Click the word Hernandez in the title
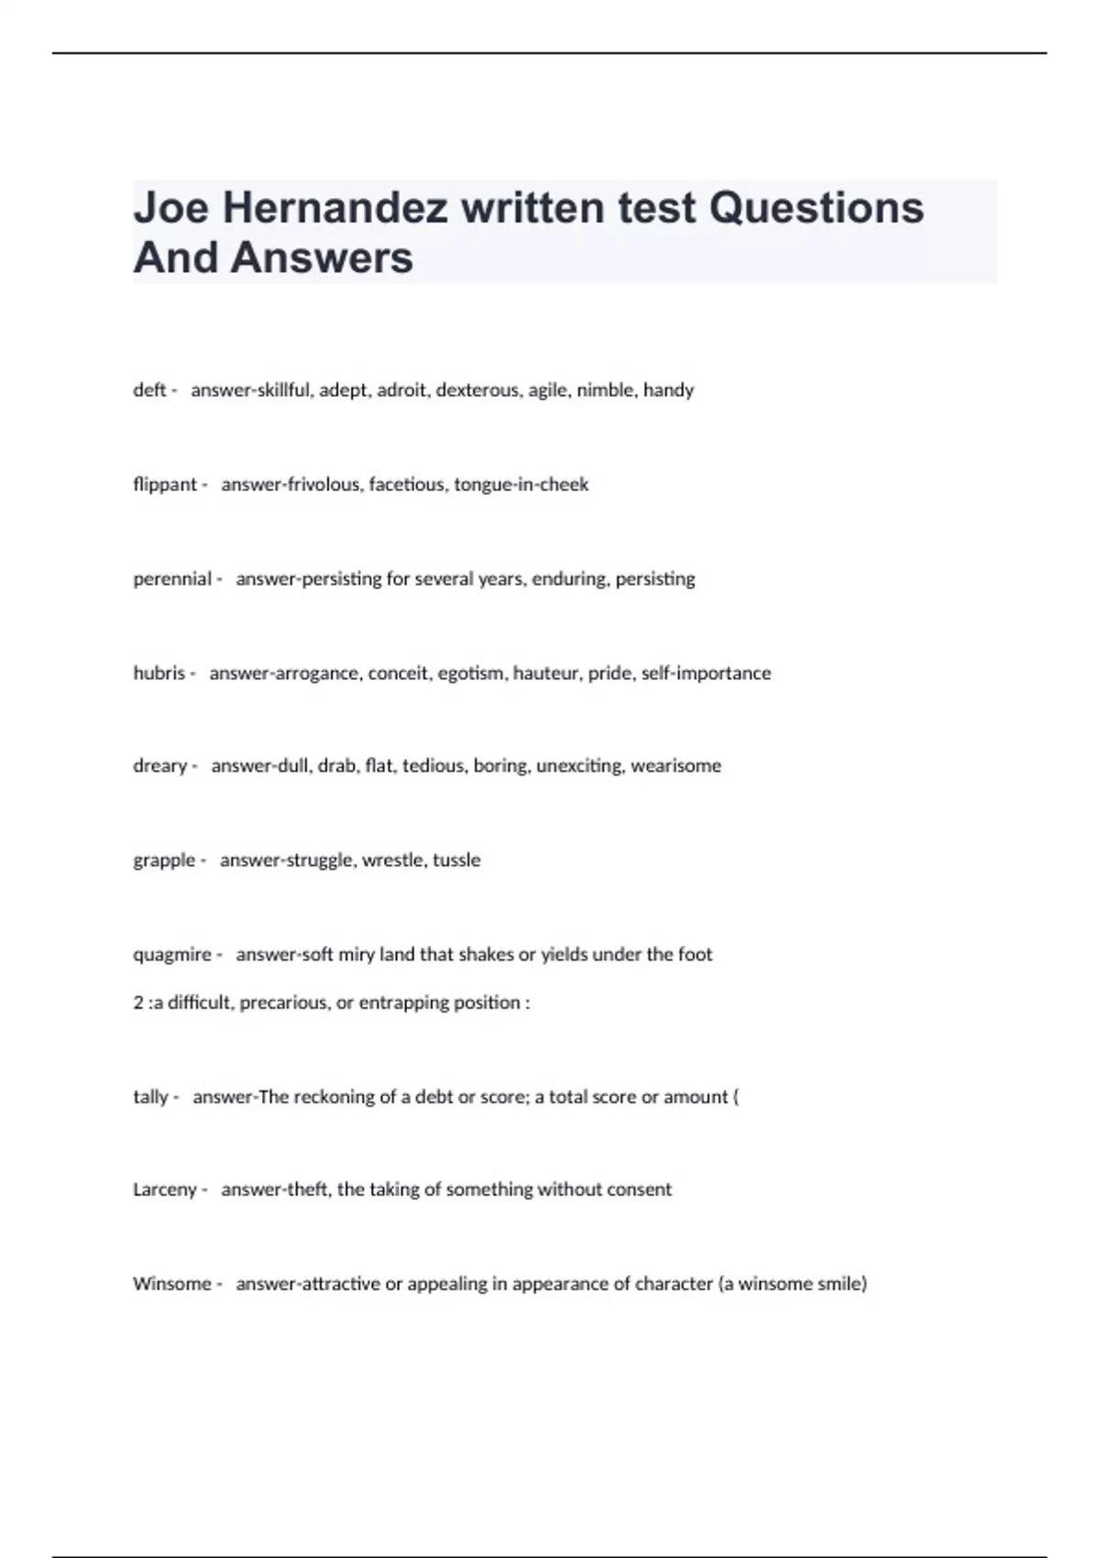point(335,208)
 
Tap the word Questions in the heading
point(816,208)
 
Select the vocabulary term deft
point(149,390)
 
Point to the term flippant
point(165,485)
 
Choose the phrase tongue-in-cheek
point(521,485)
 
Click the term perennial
point(172,579)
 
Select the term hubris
point(159,674)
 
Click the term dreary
point(159,766)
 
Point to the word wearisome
point(676,766)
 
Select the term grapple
point(164,861)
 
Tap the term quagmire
point(172,955)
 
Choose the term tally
point(150,1097)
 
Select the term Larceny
point(165,1190)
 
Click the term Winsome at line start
point(172,1284)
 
